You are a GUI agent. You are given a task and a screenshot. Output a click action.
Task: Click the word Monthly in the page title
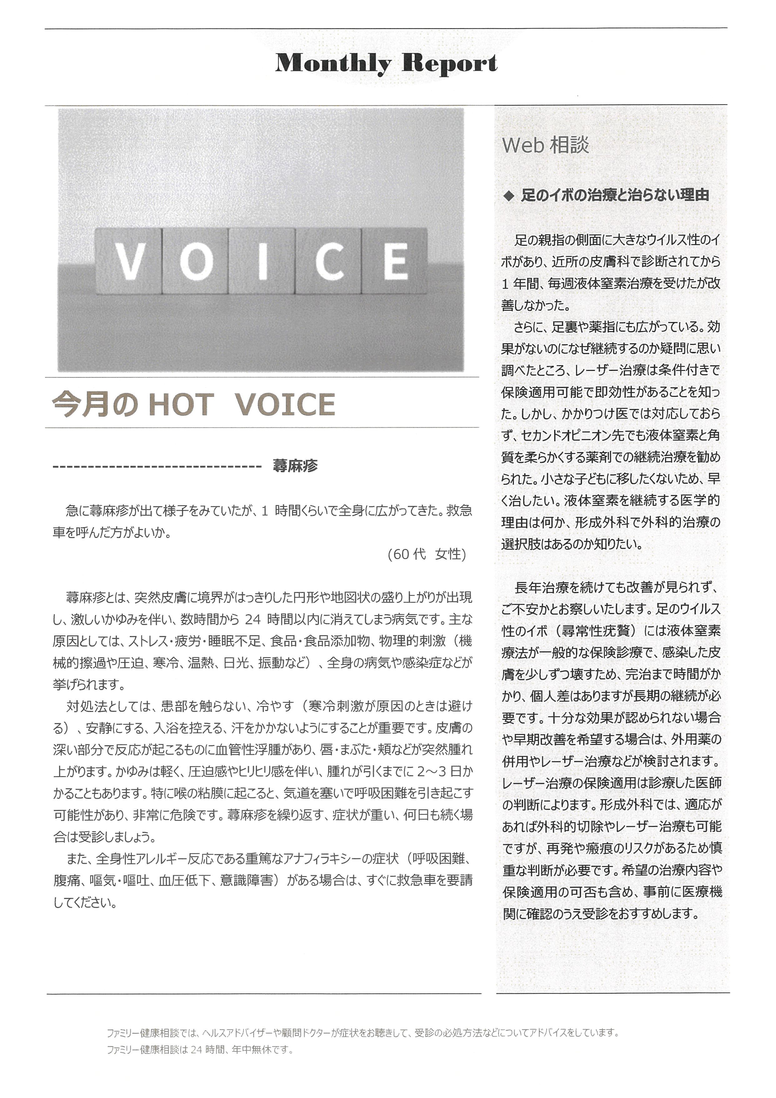333,64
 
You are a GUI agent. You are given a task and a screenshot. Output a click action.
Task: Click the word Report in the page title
449,64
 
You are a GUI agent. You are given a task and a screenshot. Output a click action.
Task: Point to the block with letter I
262,261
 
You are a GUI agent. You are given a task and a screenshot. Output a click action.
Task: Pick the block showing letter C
329,261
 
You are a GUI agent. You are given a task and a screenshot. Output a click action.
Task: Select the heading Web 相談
545,145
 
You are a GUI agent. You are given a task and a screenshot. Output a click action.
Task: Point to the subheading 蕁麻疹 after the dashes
295,466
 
